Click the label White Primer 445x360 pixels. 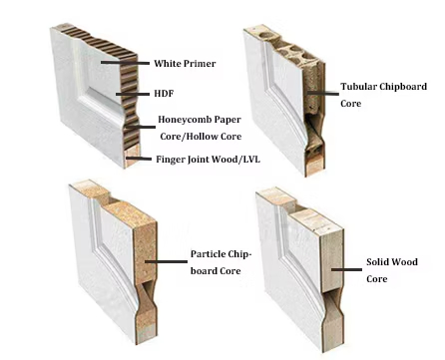tap(185, 64)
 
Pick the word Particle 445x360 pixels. tap(208, 253)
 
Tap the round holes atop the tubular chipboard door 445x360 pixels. tap(283, 46)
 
